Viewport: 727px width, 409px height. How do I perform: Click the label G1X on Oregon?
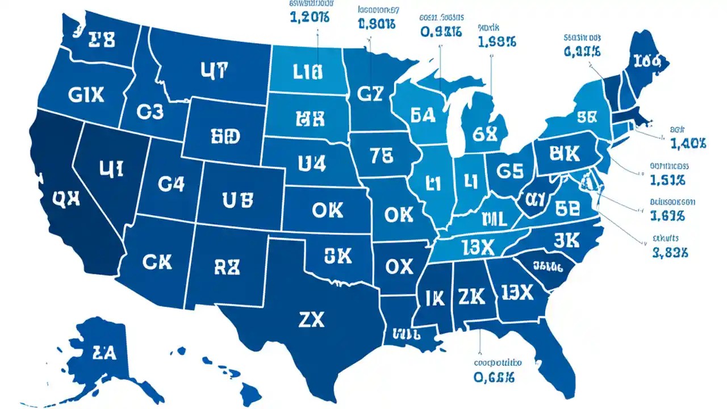[x=86, y=95]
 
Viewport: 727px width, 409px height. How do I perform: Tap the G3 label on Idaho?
[x=150, y=112]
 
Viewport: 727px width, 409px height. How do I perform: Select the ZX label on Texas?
[x=311, y=320]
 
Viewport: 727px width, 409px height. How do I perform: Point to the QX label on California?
[x=66, y=197]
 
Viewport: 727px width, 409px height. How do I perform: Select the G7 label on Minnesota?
[x=370, y=94]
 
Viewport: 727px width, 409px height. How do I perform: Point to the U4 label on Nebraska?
[x=312, y=164]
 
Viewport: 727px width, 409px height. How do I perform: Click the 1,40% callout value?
[x=687, y=144]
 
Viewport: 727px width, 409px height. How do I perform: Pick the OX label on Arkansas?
[x=399, y=266]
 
